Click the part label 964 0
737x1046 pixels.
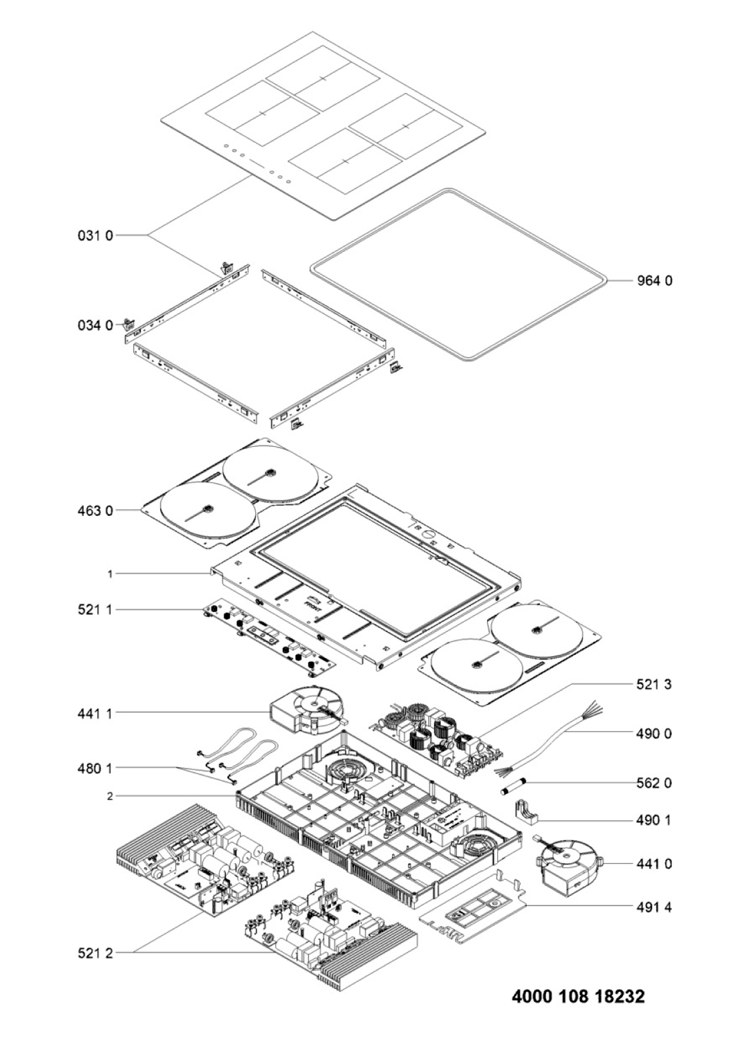pyautogui.click(x=653, y=281)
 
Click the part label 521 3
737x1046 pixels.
pyautogui.click(x=653, y=684)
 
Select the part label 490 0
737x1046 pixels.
pyautogui.click(x=653, y=734)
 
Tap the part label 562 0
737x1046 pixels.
pyautogui.click(x=653, y=783)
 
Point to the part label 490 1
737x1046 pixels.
pyautogui.click(x=653, y=820)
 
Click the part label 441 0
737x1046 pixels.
pyautogui.click(x=653, y=864)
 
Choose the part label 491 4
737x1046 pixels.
pyautogui.click(x=653, y=907)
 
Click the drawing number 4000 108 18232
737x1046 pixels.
pyautogui.click(x=578, y=996)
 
